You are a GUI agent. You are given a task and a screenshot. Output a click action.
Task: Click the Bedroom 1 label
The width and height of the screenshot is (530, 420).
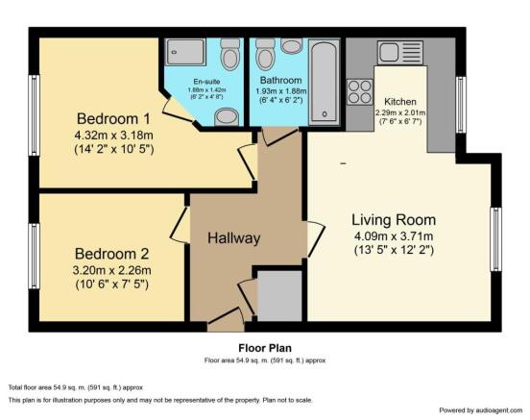pos(113,119)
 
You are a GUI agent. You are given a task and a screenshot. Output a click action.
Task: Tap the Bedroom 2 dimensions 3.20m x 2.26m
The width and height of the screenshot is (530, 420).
pos(112,270)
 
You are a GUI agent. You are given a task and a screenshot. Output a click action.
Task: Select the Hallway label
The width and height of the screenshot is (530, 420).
pos(234,238)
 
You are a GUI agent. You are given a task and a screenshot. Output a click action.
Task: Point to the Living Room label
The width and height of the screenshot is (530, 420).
pos(394,220)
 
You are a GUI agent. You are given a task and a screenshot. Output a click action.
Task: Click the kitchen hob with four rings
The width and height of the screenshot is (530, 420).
pos(360,91)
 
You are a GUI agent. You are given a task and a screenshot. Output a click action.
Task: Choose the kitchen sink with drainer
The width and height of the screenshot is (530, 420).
pos(400,53)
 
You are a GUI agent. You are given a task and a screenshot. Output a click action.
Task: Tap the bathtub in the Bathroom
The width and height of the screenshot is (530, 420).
pos(324,83)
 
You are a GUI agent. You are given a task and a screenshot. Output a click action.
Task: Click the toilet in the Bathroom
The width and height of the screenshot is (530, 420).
pos(266,54)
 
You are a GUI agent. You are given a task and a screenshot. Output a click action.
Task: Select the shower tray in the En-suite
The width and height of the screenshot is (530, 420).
pos(185,52)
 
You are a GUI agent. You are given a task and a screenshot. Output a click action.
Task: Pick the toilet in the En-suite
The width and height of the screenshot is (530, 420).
pos(230,54)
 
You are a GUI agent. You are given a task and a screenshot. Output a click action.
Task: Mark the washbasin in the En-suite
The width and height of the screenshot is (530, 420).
pos(227,116)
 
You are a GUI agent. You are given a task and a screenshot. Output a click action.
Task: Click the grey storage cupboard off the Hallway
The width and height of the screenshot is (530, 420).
pos(279,295)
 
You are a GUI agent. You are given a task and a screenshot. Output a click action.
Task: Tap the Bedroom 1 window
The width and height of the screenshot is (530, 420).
pos(35,115)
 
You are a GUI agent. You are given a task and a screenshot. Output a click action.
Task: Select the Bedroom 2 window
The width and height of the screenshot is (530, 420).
pos(35,257)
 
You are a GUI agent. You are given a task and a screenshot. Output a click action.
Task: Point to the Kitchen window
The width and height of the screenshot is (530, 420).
pos(461,105)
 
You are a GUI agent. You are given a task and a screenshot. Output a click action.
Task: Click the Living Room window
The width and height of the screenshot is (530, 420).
pos(495,239)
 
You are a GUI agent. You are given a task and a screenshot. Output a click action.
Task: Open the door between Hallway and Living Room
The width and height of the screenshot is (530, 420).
pos(316,238)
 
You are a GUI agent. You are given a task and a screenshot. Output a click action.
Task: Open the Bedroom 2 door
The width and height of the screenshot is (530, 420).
pos(180,224)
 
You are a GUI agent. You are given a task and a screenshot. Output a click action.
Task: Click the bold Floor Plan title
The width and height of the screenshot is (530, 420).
pos(265,348)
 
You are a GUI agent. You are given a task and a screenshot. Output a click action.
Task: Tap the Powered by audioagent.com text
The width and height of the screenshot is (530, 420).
pos(481,410)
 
